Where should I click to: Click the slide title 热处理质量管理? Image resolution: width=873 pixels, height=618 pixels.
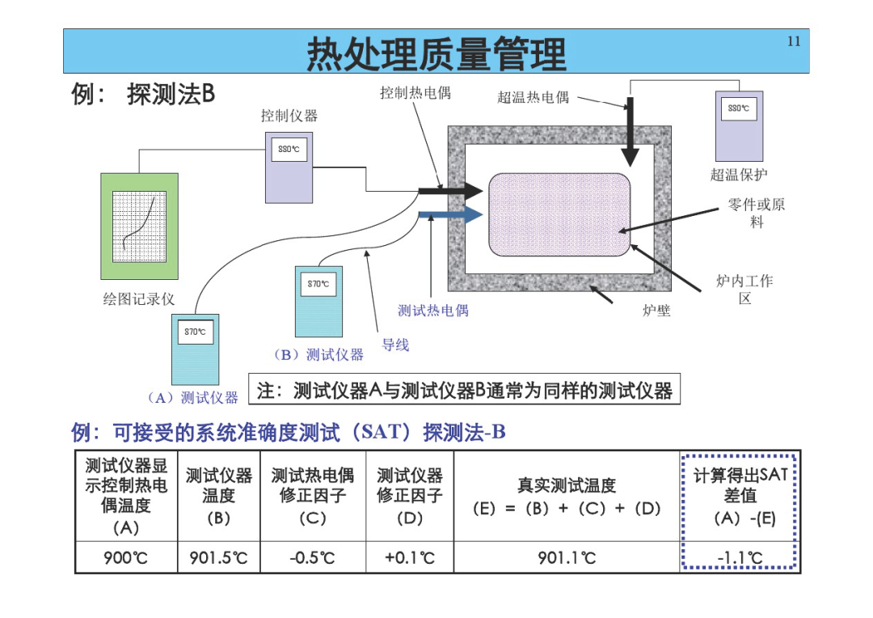coord(436,53)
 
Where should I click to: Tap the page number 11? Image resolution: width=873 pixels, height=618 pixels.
coord(794,41)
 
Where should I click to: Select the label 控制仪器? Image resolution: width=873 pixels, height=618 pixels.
coord(289,116)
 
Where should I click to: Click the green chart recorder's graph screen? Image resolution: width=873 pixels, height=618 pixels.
coord(139,226)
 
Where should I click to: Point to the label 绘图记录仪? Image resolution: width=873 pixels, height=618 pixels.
coord(139,299)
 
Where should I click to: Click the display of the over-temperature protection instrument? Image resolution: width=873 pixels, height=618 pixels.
coord(739,108)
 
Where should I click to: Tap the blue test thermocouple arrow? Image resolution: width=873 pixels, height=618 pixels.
coord(450,214)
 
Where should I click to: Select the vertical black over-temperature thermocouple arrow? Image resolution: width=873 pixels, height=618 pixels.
coord(630,132)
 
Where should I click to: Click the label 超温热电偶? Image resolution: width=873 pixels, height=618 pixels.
coord(533,98)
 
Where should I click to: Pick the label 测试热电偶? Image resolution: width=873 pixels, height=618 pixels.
coord(433,311)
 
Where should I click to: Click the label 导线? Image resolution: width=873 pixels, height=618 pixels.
coord(395,345)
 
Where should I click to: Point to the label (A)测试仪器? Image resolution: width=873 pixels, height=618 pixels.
coord(192,397)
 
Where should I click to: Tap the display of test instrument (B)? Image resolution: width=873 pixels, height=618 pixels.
coord(318,284)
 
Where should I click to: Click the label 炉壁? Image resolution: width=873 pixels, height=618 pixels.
coord(656,311)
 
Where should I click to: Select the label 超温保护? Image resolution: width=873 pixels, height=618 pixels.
coord(738,175)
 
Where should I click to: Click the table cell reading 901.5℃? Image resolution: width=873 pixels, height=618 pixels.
coord(218,557)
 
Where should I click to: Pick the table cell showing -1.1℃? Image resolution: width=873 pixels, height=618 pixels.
coord(740,557)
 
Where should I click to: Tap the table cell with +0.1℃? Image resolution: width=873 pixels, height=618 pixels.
coord(410,557)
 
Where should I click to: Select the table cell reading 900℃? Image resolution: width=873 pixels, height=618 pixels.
coord(126,557)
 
